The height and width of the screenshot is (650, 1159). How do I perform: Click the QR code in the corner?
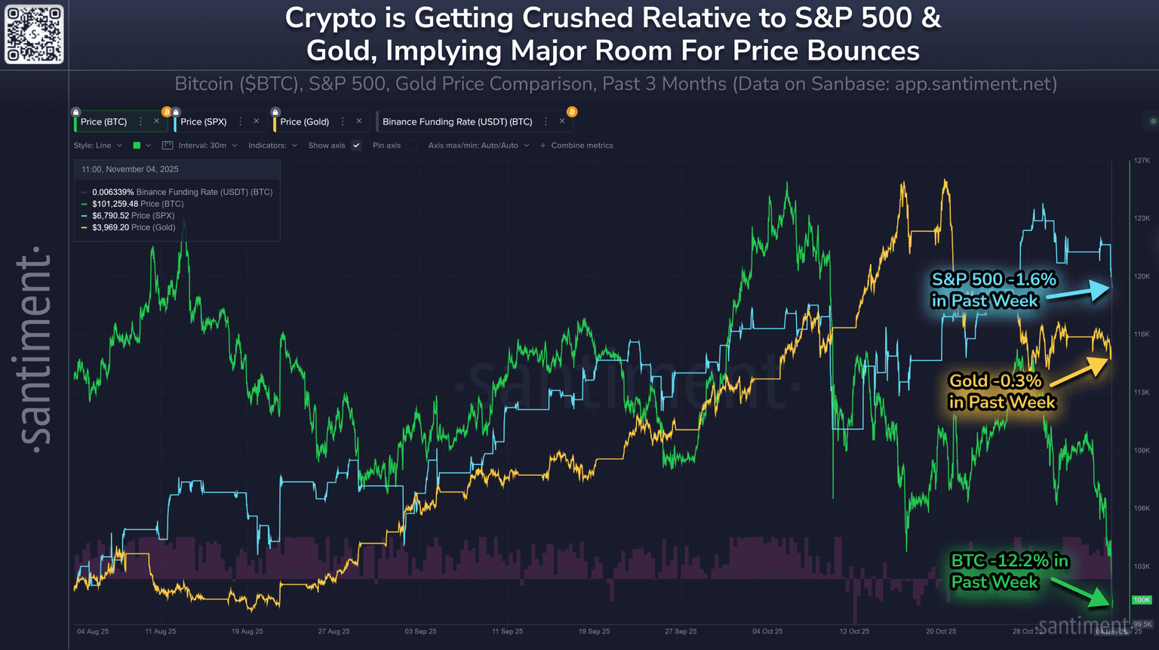click(x=34, y=34)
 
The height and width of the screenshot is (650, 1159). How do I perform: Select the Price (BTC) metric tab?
click(x=103, y=122)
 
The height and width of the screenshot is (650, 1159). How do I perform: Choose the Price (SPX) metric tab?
click(x=203, y=122)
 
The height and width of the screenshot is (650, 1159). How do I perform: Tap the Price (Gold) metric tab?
click(x=304, y=122)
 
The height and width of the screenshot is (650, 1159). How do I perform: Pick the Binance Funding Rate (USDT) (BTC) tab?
click(x=457, y=122)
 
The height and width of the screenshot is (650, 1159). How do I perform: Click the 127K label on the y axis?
click(x=1141, y=161)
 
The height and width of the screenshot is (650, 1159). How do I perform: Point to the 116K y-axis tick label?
click(x=1141, y=334)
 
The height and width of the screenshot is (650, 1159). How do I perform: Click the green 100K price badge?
click(x=1141, y=600)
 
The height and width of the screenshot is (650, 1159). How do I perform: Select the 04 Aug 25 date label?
click(x=93, y=631)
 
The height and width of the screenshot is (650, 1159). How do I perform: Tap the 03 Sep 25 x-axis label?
click(x=420, y=631)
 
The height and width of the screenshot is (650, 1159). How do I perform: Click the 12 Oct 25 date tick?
click(x=854, y=631)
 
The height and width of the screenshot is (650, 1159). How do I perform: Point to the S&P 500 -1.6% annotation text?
click(x=993, y=290)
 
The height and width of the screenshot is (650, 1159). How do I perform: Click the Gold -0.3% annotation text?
click(x=1001, y=391)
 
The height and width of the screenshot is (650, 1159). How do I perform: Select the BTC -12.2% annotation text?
click(x=1009, y=571)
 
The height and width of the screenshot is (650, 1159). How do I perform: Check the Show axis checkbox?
click(x=356, y=146)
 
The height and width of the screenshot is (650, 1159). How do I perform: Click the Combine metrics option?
click(x=581, y=146)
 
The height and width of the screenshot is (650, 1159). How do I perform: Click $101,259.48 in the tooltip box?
click(x=115, y=204)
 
